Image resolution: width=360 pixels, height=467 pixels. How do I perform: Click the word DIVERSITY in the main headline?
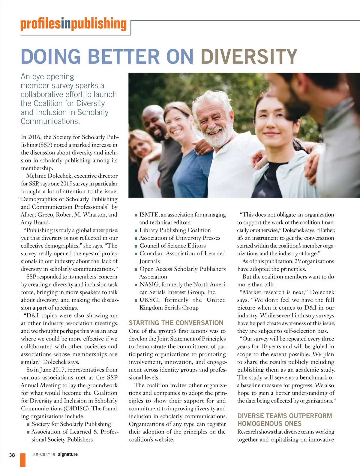pyautogui.click(x=249, y=56)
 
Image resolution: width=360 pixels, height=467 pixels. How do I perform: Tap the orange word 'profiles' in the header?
pyautogui.click(x=40, y=24)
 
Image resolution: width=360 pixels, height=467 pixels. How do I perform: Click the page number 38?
pyautogui.click(x=12, y=455)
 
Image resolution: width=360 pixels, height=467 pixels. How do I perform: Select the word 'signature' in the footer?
pyautogui.click(x=68, y=454)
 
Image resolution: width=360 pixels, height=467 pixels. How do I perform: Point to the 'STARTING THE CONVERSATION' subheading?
pyautogui.click(x=176, y=323)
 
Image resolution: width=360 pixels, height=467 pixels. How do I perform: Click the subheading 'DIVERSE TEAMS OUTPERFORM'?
pyautogui.click(x=284, y=416)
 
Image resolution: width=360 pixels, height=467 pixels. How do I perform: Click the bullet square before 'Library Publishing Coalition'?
pyautogui.click(x=136, y=231)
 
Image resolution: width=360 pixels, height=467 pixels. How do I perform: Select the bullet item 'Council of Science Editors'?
pyautogui.click(x=172, y=245)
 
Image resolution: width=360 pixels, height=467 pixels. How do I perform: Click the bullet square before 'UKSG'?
pyautogui.click(x=136, y=300)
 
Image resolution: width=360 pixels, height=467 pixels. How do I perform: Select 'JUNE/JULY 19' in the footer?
pyautogui.click(x=44, y=455)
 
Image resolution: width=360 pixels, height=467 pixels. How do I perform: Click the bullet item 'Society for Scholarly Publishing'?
pyautogui.click(x=71, y=424)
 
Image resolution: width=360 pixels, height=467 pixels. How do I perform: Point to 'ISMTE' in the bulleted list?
pyautogui.click(x=149, y=215)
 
